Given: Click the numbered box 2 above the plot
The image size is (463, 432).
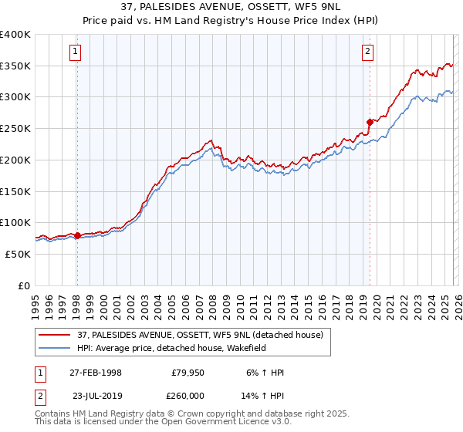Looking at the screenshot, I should coord(367,52).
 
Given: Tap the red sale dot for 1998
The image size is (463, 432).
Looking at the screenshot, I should coord(77,235).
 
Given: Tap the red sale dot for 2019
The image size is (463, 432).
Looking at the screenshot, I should coord(370,121).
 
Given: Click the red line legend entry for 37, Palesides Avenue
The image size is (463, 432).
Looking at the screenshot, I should coord(193,334).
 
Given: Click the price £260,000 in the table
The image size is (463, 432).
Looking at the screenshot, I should coord(188,395).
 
